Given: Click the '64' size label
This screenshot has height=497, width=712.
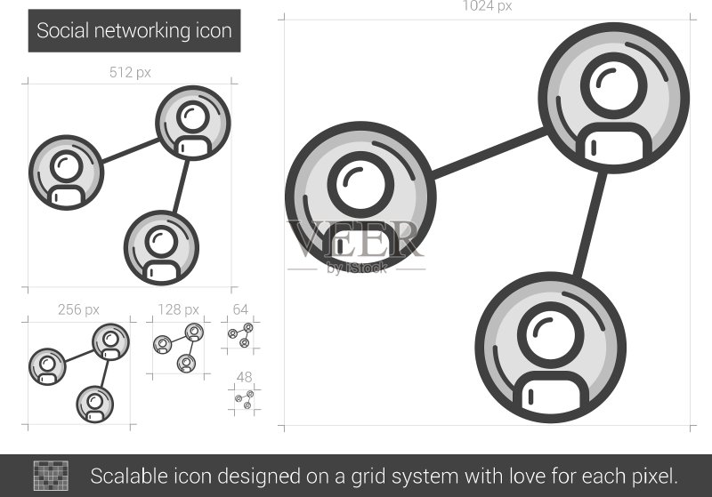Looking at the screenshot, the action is [x=240, y=309].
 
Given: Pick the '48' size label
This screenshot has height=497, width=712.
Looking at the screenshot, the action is [x=244, y=377].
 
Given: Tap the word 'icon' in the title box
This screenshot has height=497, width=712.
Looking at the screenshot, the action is [x=214, y=31].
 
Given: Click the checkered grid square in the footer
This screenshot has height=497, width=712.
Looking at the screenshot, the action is [x=51, y=476].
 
